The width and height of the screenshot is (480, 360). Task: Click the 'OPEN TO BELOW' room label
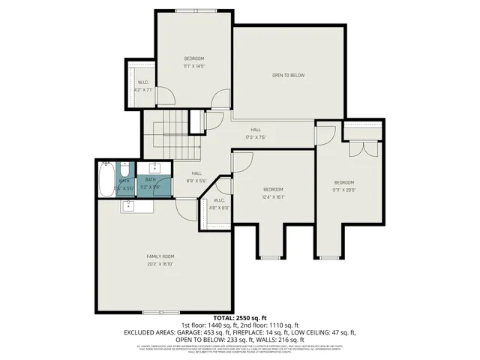pos(288,75)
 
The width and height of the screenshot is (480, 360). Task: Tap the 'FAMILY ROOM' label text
pos(160,256)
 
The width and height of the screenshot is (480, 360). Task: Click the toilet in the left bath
pos(125,170)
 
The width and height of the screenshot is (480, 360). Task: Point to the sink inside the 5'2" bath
pos(157,168)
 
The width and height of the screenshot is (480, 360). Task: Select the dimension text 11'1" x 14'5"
pos(194,67)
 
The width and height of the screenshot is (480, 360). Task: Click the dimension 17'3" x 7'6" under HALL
pos(256,137)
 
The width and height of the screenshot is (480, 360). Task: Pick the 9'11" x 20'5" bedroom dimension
pos(344,190)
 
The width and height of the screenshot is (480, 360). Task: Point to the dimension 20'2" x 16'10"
pos(160,264)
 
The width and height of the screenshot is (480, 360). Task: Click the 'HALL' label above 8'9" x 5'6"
pos(196,173)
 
